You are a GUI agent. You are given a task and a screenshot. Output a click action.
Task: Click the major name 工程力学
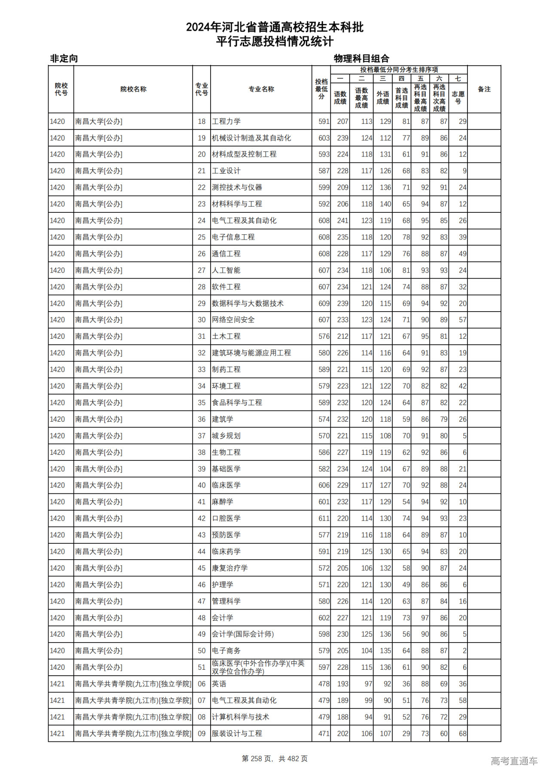[226, 122]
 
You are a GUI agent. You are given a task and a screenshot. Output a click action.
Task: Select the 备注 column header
[484, 89]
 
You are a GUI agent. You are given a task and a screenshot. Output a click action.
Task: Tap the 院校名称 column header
[133, 89]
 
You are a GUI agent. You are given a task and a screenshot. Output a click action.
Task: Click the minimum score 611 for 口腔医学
[324, 518]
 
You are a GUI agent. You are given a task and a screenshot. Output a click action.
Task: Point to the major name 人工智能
[226, 270]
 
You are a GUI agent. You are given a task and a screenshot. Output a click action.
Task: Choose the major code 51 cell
[202, 667]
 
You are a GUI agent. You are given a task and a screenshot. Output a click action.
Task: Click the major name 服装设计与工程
[237, 733]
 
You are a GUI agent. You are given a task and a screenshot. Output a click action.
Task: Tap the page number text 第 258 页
[258, 759]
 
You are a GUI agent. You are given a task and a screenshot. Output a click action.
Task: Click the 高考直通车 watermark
[514, 761]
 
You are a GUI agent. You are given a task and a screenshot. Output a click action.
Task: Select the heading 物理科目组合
[361, 58]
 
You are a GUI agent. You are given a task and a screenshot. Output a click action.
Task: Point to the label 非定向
[64, 58]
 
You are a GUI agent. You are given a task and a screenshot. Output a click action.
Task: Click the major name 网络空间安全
[233, 320]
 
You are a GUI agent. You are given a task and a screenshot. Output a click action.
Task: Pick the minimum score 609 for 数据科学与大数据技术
[324, 303]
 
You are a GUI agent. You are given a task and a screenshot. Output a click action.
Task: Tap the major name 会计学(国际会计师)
[243, 634]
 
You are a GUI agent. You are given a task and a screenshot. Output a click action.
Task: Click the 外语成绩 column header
[382, 98]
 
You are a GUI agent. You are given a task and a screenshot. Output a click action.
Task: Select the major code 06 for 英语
[202, 684]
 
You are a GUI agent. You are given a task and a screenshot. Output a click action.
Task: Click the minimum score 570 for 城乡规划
[324, 436]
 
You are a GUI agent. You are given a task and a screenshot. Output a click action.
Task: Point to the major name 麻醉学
[223, 502]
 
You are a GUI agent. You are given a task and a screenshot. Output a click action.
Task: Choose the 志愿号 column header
[458, 98]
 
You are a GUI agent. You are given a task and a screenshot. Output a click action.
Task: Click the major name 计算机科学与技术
[241, 717]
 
